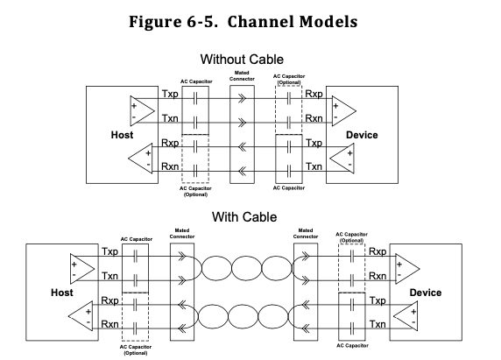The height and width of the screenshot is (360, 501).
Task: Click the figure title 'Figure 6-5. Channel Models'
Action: click(250, 19)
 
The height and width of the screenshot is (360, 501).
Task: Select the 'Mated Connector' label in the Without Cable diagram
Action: click(242, 78)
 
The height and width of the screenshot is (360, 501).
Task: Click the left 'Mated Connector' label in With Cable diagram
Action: click(180, 234)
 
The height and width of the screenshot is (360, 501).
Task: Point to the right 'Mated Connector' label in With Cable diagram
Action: click(306, 234)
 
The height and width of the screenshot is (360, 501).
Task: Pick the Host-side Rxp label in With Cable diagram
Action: click(110, 300)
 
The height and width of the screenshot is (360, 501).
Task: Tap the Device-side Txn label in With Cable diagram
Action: click(378, 324)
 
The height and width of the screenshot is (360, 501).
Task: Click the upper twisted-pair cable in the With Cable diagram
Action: click(242, 264)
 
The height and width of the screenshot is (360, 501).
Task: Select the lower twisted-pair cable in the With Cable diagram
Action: click(242, 313)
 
